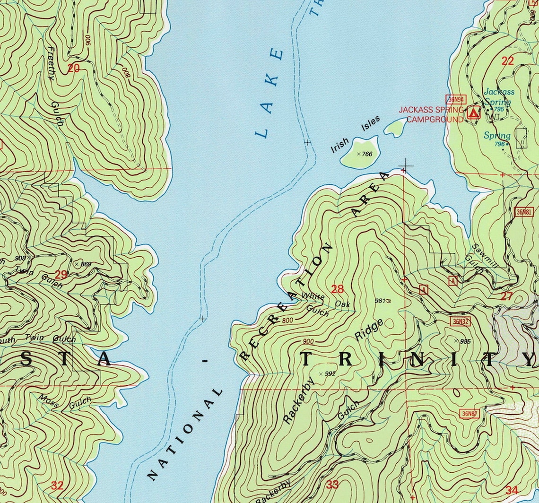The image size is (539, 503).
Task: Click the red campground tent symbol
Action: tap(473, 113)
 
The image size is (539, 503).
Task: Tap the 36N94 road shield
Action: tap(454, 99)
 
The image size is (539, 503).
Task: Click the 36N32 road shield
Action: tap(460, 322)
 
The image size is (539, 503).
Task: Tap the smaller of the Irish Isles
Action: tap(395, 126)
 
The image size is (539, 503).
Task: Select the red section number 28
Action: tap(338, 289)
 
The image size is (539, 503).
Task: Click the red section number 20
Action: tap(73, 68)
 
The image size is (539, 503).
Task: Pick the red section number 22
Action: tap(507, 61)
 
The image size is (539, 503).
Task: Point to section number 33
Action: tap(332, 485)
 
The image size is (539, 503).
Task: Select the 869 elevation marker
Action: tap(83, 263)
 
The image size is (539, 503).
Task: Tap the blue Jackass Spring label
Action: tap(498, 97)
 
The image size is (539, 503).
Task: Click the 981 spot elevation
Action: tap(381, 300)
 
